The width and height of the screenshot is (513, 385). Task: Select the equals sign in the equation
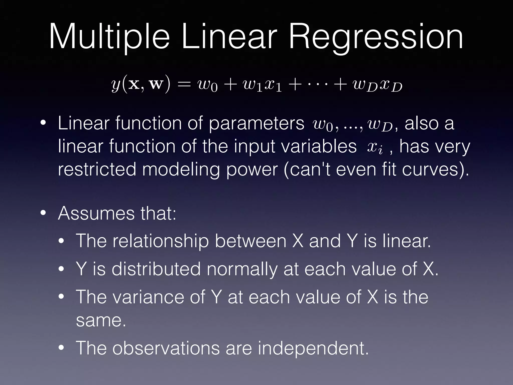(x=184, y=84)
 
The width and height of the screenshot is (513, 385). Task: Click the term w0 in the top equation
(x=208, y=85)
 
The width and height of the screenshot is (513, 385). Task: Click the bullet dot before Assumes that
(x=43, y=213)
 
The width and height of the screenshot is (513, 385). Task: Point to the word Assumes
(x=96, y=213)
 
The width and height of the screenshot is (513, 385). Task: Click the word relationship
(x=160, y=241)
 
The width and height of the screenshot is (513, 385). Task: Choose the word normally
(x=242, y=269)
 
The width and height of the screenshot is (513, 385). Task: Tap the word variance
(x=148, y=297)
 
